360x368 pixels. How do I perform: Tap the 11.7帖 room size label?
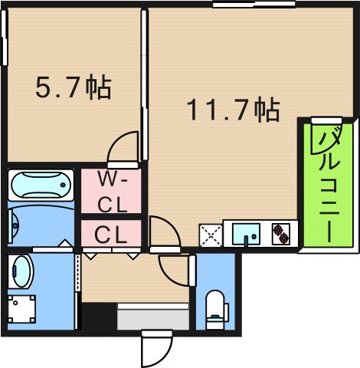233,111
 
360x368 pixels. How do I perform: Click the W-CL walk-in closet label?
113,192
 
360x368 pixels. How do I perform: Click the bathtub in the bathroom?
41,186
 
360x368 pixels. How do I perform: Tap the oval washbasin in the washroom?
21,272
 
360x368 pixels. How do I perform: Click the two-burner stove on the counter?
280,232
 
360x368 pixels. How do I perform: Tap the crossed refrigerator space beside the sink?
210,233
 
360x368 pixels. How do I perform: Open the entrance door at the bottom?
153,349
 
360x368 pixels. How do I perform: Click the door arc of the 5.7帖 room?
123,148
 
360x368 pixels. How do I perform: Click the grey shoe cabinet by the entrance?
152,317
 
